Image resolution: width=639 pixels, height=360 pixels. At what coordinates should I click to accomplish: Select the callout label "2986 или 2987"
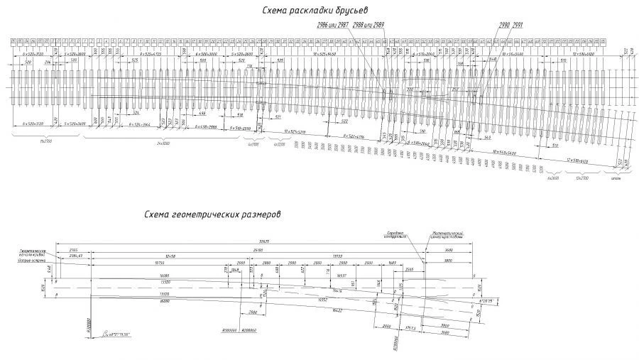click(332, 26)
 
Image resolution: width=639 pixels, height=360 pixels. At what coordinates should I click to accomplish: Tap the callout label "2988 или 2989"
click(368, 26)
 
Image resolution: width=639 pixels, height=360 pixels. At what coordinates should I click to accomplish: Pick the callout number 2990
click(504, 25)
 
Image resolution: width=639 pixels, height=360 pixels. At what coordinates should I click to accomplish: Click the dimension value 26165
click(258, 250)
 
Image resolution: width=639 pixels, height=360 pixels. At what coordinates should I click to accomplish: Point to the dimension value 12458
click(170, 256)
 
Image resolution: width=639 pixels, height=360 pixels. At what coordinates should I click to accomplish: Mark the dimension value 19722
click(338, 256)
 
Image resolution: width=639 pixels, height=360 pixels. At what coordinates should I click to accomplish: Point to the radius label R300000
click(230, 331)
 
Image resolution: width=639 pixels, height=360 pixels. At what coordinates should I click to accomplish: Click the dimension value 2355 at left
click(72, 250)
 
